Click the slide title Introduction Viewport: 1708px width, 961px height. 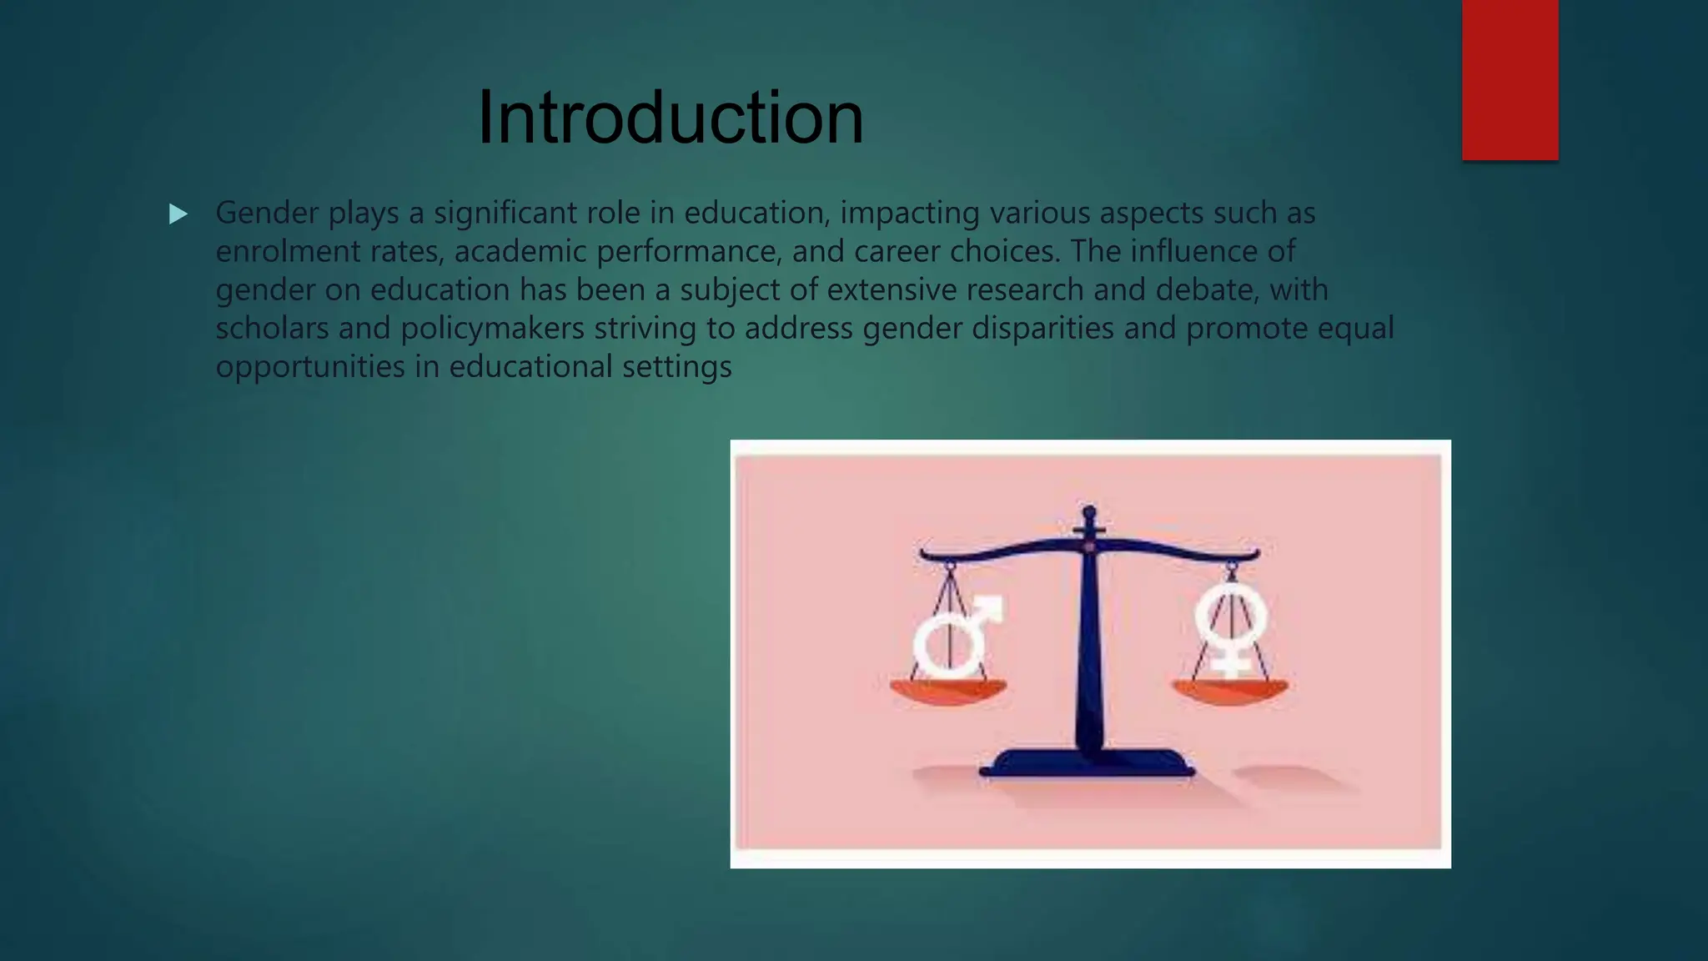(x=671, y=118)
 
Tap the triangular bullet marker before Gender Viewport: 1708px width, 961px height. (x=178, y=214)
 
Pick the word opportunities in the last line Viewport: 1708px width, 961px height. (x=310, y=366)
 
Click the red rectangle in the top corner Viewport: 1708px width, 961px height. (x=1510, y=79)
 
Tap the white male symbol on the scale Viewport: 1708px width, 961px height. (x=955, y=638)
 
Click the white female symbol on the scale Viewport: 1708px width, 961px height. (x=1231, y=626)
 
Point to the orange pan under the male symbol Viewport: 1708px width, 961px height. (x=948, y=692)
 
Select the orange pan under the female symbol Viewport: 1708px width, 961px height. (x=1230, y=692)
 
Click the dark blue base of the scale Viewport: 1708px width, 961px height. (x=1087, y=762)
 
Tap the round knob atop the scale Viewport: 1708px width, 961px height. (x=1089, y=511)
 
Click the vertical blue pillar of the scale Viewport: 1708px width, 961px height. (x=1089, y=651)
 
